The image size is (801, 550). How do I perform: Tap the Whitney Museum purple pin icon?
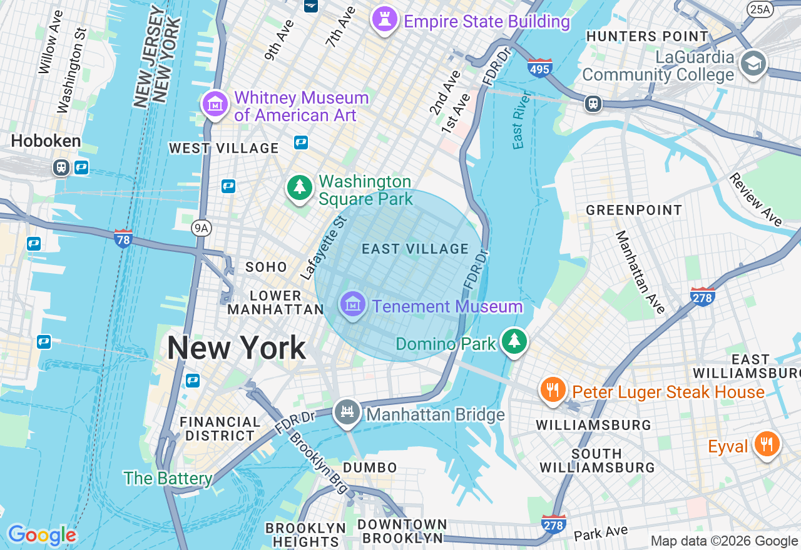click(215, 104)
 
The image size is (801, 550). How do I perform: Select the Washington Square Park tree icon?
click(300, 187)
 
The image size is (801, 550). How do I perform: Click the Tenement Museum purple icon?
click(353, 304)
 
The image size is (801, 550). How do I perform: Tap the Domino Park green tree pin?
click(514, 341)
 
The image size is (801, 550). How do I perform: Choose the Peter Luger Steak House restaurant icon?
click(552, 390)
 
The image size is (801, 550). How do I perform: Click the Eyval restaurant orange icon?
click(765, 444)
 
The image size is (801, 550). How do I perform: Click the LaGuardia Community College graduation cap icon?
click(753, 63)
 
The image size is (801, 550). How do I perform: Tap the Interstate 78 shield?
click(123, 238)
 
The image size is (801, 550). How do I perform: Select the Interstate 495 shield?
click(539, 67)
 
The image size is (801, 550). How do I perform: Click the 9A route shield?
click(201, 228)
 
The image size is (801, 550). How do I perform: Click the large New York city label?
click(237, 348)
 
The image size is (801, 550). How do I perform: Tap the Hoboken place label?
click(46, 141)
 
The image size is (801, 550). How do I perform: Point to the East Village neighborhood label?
click(415, 249)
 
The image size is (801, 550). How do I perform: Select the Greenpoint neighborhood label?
click(633, 210)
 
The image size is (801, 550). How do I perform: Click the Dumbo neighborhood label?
click(370, 467)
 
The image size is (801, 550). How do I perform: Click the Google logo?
click(41, 535)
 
